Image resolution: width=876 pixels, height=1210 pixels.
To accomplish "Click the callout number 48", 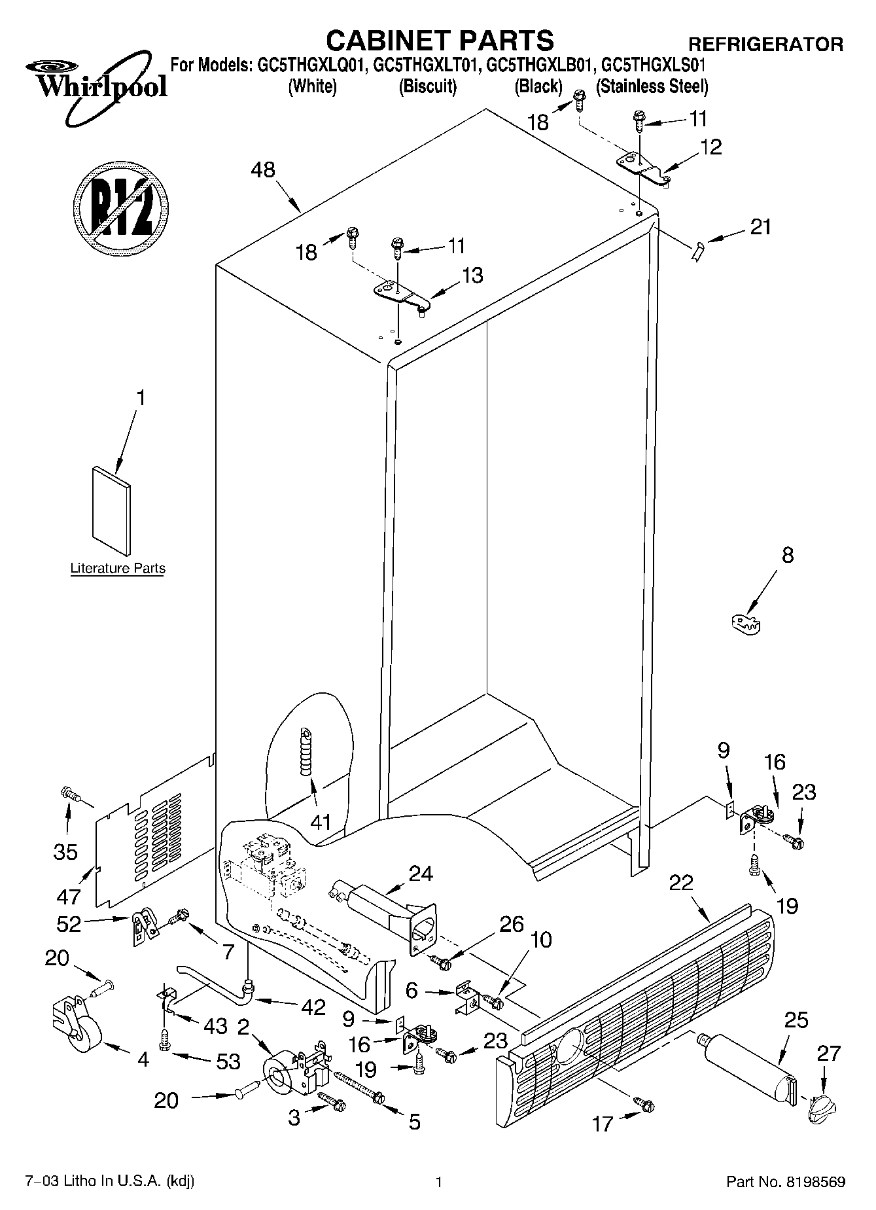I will coord(263,170).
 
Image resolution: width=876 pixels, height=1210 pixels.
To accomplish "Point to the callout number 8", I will coord(788,555).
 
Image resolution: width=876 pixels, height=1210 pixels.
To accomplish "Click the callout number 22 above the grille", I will coord(682,883).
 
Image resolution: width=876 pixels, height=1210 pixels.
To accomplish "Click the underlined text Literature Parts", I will coord(118,568).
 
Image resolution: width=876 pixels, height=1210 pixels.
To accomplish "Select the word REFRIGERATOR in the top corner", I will coord(765,44).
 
